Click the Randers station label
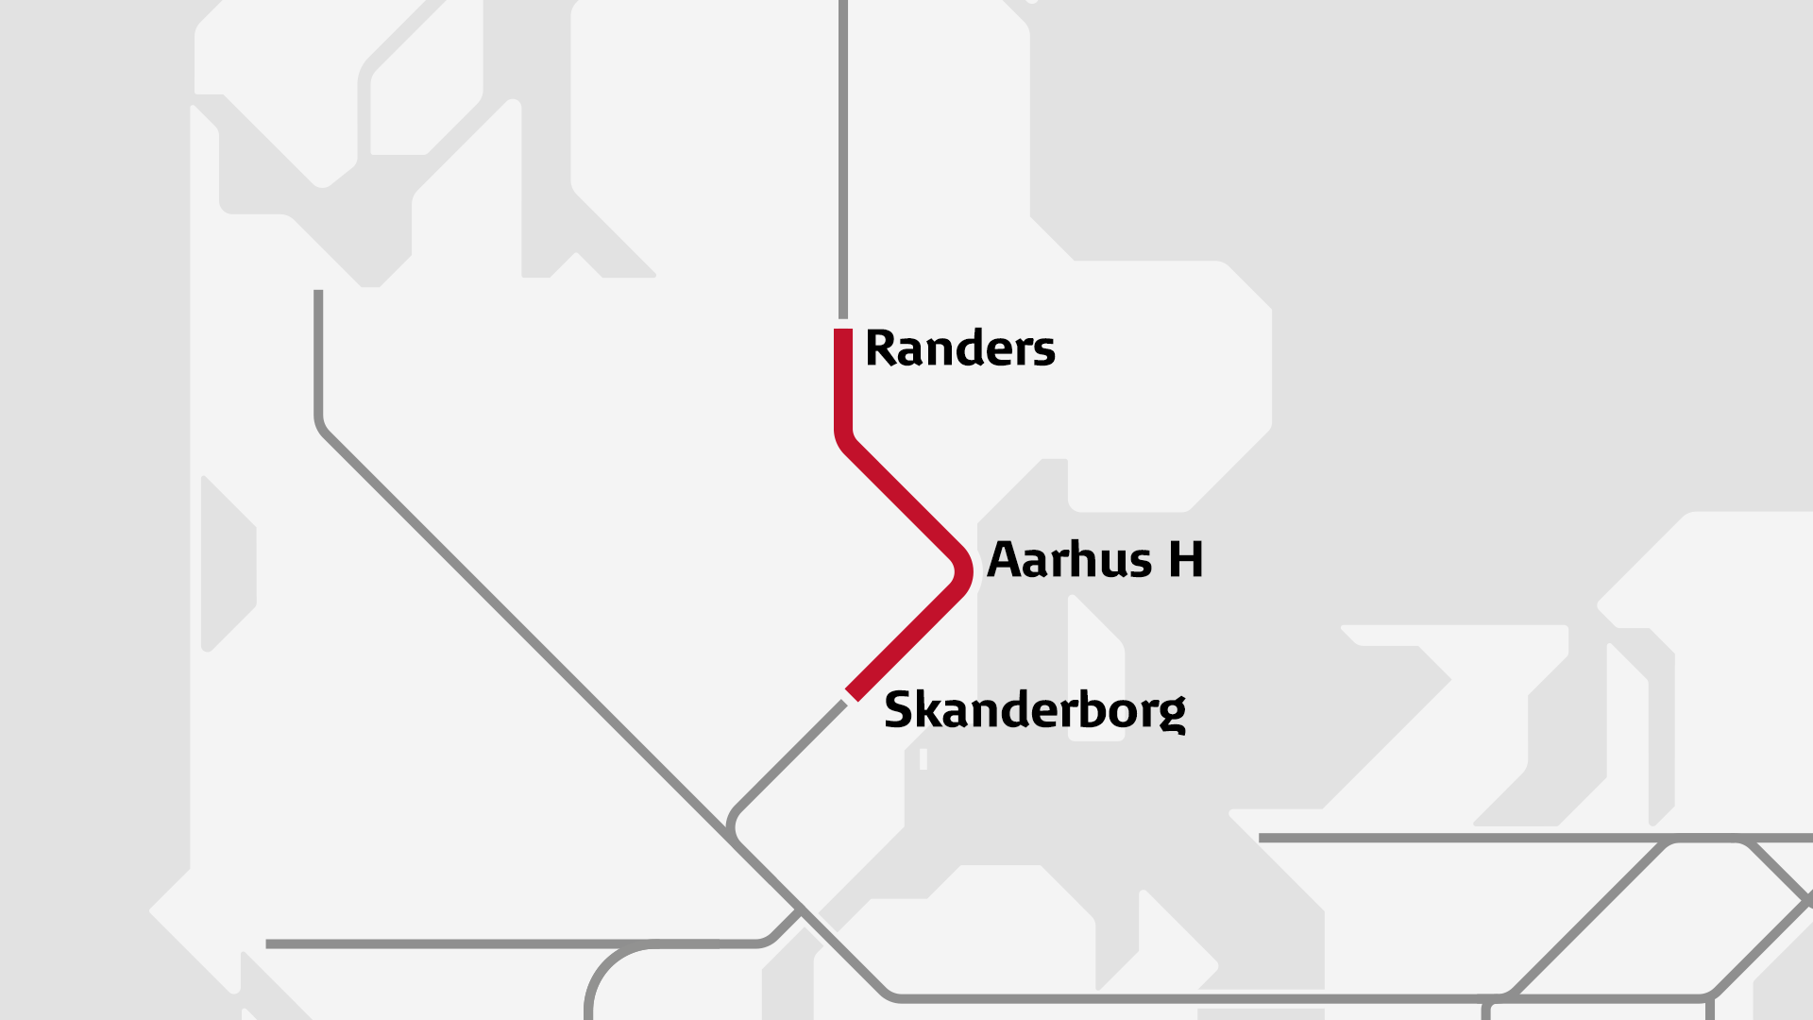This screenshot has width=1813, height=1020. [959, 348]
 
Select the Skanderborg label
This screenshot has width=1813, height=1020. [1034, 710]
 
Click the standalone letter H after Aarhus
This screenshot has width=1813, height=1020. [1186, 560]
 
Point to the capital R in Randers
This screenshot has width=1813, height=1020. [880, 348]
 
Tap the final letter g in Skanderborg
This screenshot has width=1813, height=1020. [1172, 714]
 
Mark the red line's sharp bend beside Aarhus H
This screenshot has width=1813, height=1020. [963, 570]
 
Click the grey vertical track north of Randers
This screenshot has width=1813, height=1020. [843, 161]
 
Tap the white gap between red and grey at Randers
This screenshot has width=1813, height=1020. [843, 323]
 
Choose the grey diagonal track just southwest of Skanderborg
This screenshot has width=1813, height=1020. [793, 756]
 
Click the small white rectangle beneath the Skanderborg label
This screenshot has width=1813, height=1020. [923, 758]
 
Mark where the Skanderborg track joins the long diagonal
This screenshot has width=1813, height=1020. [732, 831]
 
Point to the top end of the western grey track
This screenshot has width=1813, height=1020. [318, 294]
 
